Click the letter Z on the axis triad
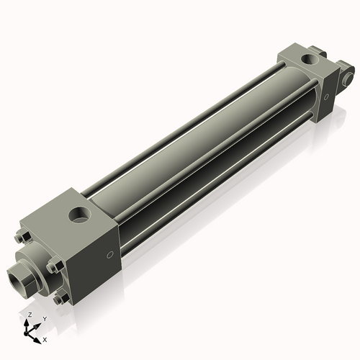point(30,315)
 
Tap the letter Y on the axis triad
point(44,318)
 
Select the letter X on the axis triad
point(45,338)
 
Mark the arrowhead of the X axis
point(39,337)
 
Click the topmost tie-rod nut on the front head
point(20,237)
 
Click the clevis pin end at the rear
point(349,75)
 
